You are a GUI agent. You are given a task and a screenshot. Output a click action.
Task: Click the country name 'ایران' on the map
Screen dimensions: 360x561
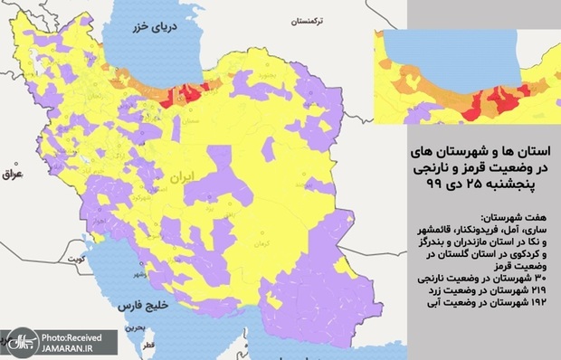tap(189, 180)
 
